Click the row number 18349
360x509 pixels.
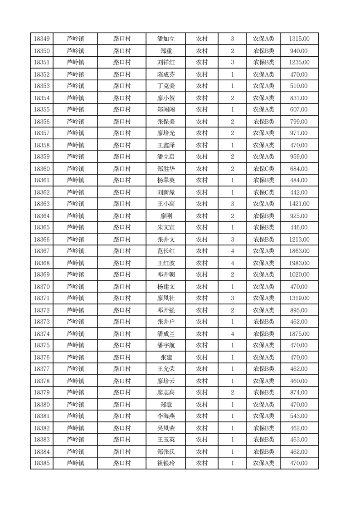(42, 39)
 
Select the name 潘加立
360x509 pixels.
(165, 39)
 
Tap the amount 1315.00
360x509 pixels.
(299, 39)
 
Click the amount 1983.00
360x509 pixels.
(299, 263)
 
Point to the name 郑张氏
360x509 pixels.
(165, 452)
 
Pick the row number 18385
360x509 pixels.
(42, 463)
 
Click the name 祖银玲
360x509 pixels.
(165, 463)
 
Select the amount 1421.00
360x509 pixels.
(299, 204)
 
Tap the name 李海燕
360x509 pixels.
(165, 416)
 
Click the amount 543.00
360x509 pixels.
(299, 416)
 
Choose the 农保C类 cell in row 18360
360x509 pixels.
(263, 169)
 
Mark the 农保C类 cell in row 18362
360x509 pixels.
(263, 192)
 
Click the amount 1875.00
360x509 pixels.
(299, 334)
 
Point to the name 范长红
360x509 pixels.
(165, 251)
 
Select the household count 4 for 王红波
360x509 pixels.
(233, 263)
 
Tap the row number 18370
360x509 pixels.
(42, 287)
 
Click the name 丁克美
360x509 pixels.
(165, 86)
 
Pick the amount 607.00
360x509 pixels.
(299, 109)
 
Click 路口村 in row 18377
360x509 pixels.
(122, 369)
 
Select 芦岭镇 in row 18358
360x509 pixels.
(75, 145)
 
